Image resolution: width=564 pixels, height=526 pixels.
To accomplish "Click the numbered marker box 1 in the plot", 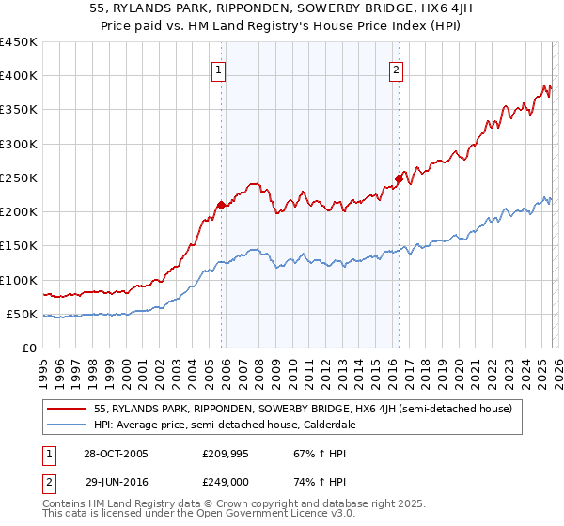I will [219, 69].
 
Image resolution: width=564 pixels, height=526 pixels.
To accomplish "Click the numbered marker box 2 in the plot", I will [396, 69].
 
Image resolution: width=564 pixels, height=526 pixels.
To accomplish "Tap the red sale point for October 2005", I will [221, 205].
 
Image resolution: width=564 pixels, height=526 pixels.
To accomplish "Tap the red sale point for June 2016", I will [399, 178].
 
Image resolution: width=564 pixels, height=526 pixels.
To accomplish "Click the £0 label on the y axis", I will [28, 348].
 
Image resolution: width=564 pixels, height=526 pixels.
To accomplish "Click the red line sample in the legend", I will [68, 409].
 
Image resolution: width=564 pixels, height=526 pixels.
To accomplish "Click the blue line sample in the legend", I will [68, 424].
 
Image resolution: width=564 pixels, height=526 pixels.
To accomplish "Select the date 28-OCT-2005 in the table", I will [117, 454].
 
